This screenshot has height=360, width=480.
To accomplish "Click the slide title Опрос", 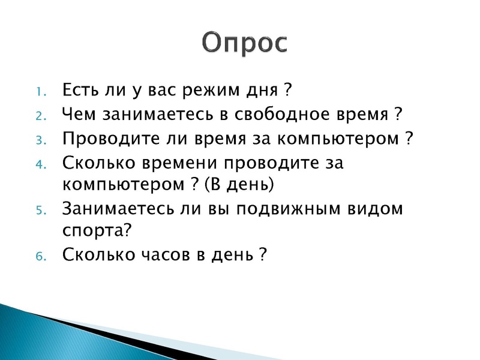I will [x=244, y=42].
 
